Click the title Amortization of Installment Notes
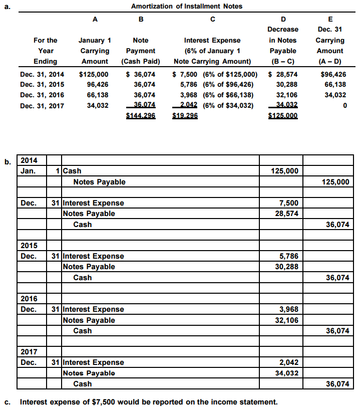click(186, 6)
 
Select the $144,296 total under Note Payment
click(141, 115)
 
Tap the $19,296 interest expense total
click(185, 115)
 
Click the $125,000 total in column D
click(283, 115)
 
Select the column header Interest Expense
click(212, 40)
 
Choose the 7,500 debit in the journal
click(289, 203)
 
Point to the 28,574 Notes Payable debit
click(287, 214)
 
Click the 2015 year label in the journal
click(30, 246)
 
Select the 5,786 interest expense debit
click(289, 256)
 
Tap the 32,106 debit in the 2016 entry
click(287, 320)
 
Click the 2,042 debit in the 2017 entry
click(289, 362)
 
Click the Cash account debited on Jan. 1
click(72, 171)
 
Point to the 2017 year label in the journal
click(30, 352)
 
